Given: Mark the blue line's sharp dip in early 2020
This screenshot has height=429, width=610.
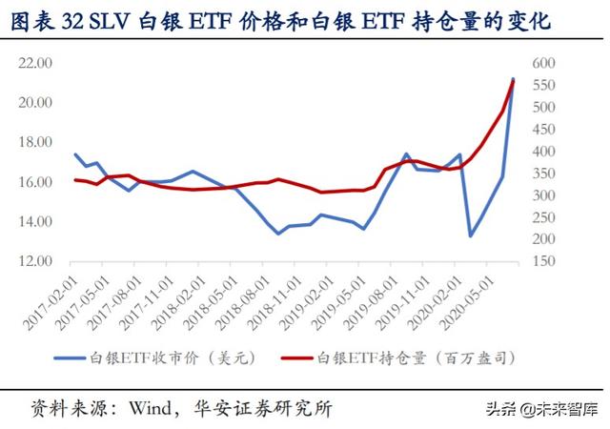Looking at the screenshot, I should click(470, 235).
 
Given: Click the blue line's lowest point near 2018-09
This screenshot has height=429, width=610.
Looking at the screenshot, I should click(278, 233).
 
